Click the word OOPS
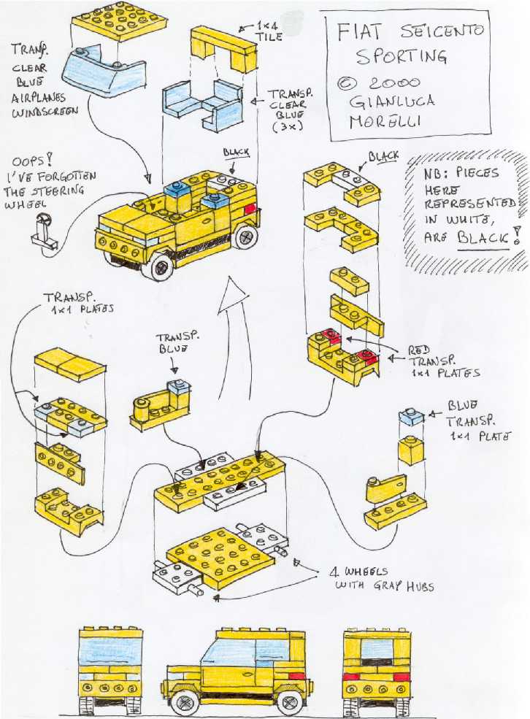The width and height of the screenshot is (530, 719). tap(34, 160)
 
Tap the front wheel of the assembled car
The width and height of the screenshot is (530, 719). tap(158, 266)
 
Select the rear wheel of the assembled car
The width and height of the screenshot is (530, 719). tap(245, 237)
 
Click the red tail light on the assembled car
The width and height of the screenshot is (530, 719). tap(250, 209)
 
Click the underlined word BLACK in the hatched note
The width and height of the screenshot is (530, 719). tap(484, 237)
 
